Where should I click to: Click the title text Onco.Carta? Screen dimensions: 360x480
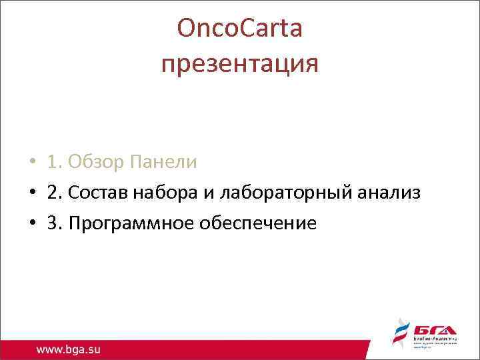click(x=240, y=29)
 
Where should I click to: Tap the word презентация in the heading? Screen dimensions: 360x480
click(x=240, y=64)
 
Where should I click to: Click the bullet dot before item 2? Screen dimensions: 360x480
click(x=32, y=193)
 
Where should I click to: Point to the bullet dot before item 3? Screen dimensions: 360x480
click(x=32, y=223)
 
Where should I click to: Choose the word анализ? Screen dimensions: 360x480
click(x=386, y=193)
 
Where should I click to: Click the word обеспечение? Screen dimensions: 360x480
click(x=260, y=223)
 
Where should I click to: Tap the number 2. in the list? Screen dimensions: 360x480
click(x=55, y=193)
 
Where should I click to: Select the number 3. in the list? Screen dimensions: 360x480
click(x=55, y=223)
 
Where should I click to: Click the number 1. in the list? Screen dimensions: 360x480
click(x=55, y=162)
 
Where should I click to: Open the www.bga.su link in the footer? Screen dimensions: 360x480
click(x=69, y=349)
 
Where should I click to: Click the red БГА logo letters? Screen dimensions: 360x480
click(x=433, y=331)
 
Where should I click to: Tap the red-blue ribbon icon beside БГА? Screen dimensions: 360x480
click(x=399, y=334)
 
